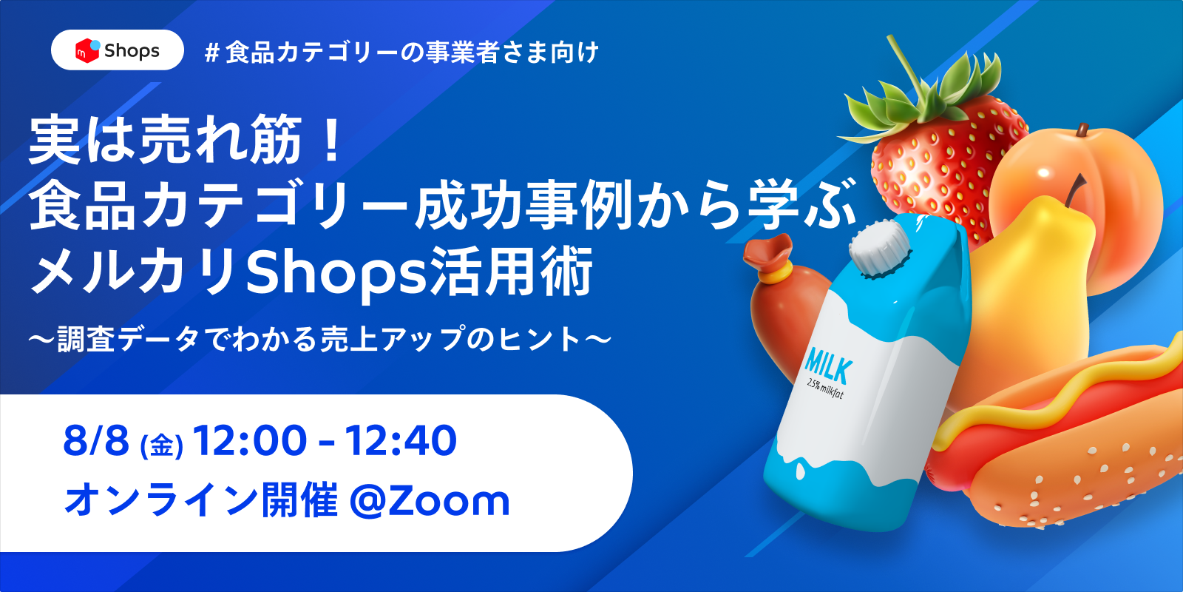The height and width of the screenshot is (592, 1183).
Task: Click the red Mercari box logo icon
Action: pyautogui.click(x=87, y=50)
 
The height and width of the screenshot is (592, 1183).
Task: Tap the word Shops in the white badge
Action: pyautogui.click(x=132, y=51)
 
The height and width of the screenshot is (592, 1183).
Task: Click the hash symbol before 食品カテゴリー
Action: pyautogui.click(x=211, y=53)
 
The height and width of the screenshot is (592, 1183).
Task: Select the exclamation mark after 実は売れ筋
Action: pyautogui.click(x=332, y=140)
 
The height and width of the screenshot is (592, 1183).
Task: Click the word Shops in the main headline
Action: pyautogui.click(x=336, y=275)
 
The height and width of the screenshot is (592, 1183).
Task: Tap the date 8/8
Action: pyautogui.click(x=96, y=440)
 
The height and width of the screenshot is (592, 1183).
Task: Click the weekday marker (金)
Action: pyautogui.click(x=162, y=445)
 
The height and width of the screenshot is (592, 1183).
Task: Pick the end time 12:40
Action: pyautogui.click(x=400, y=440)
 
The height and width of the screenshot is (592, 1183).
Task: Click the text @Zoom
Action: pyautogui.click(x=430, y=500)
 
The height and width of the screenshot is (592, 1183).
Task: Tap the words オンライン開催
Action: pyautogui.click(x=200, y=500)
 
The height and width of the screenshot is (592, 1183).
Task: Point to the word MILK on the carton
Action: pyautogui.click(x=827, y=366)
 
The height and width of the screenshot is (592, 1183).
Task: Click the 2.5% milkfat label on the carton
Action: pyautogui.click(x=825, y=389)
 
